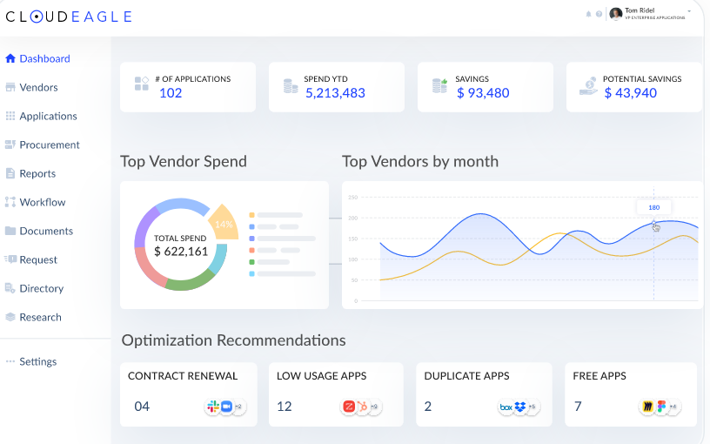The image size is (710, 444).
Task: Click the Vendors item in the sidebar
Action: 38,87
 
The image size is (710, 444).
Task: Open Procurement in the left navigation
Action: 49,145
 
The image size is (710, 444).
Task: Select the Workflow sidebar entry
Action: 42,202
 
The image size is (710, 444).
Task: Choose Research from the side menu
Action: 40,317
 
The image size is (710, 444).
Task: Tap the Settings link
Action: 37,361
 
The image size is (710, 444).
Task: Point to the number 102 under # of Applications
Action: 171,93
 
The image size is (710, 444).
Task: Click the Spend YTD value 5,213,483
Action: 335,93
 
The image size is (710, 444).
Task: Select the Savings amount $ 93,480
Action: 483,93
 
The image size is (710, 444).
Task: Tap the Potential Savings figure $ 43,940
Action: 630,93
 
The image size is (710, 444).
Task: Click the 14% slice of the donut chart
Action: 224,224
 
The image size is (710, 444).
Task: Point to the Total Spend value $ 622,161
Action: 181,252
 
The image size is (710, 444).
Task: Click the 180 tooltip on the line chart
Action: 653,207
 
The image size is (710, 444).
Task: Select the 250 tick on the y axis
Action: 353,198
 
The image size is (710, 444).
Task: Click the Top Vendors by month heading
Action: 420,161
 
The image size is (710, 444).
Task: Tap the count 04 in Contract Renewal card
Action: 142,407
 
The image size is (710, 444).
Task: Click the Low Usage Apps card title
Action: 321,376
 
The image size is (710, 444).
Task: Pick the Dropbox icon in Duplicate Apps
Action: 520,407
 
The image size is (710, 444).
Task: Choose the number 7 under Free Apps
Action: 579,407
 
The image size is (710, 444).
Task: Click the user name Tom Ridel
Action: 640,10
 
